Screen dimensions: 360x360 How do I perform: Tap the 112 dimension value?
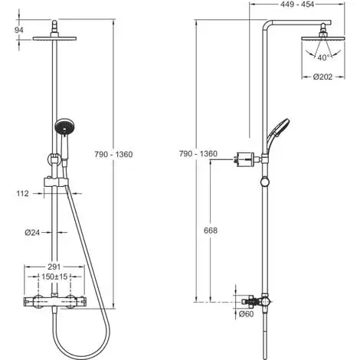point(21,194)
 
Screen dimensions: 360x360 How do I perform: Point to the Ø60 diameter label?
point(246,313)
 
